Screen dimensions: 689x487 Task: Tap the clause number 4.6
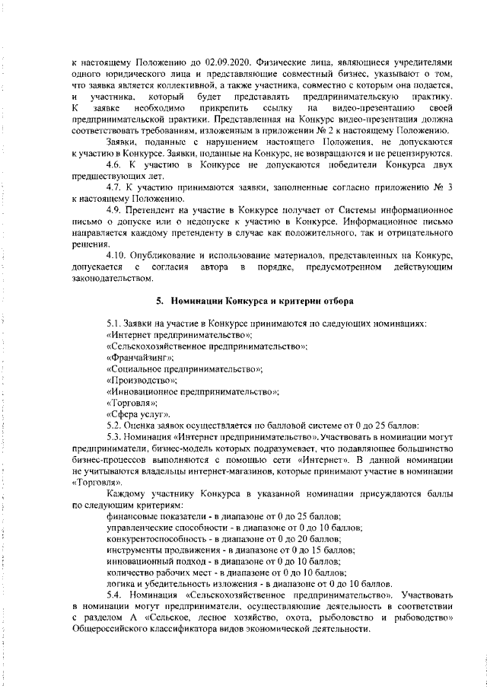[116, 164]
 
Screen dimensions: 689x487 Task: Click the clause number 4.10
[119, 254]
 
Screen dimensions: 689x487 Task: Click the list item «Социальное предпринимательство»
[185, 369]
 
